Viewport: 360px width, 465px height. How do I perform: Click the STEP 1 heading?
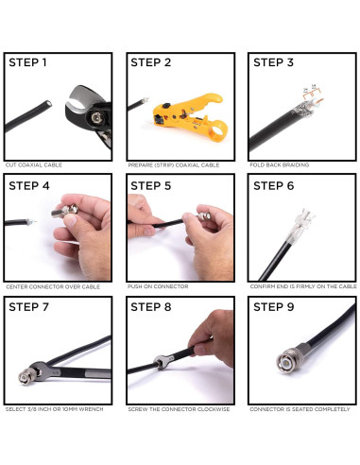27,62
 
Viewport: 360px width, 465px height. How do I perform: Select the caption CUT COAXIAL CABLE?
34,164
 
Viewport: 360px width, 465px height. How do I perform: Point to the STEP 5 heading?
151,185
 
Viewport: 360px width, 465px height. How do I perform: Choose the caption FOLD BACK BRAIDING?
280,164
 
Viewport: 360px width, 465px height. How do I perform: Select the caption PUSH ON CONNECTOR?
158,286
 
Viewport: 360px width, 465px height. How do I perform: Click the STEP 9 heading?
274,306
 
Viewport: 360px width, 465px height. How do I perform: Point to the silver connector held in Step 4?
65,210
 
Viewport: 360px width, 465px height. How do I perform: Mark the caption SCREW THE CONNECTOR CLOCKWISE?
179,409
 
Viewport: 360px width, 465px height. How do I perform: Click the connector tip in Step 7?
24,377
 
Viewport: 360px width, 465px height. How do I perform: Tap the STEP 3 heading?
273,62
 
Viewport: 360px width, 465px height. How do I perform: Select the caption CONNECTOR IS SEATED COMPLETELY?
300,409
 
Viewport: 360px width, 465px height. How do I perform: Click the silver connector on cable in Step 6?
300,225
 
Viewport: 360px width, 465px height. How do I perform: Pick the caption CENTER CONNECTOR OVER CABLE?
53,286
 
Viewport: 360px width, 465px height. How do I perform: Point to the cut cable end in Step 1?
48,104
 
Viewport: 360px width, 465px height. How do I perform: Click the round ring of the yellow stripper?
218,130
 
